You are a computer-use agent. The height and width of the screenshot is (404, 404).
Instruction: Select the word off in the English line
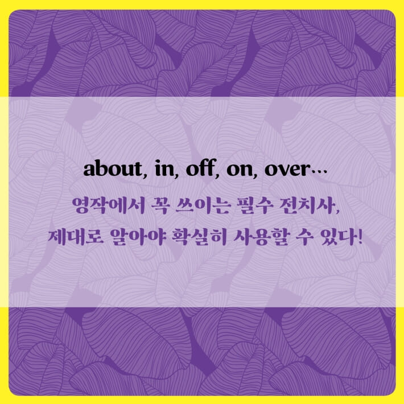(x=189, y=170)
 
